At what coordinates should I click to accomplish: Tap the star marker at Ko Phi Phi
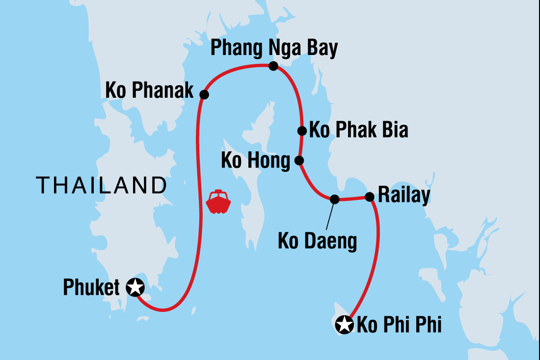point(345,325)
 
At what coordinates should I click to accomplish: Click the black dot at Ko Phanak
point(204,95)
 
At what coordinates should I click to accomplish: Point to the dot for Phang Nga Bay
point(273,66)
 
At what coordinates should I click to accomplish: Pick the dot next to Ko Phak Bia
point(302,131)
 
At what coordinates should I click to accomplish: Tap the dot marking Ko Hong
point(298,160)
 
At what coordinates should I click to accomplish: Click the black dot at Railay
point(370,197)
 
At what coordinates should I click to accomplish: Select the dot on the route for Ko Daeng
point(334,199)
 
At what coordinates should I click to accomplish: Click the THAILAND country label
point(101,186)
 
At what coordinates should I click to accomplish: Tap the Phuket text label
point(91,288)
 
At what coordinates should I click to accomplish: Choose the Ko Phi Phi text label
point(399,325)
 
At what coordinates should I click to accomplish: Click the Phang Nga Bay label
point(274,49)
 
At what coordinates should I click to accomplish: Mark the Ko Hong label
point(255,161)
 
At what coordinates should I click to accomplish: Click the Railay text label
point(404,196)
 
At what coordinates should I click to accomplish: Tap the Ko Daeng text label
point(317,242)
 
